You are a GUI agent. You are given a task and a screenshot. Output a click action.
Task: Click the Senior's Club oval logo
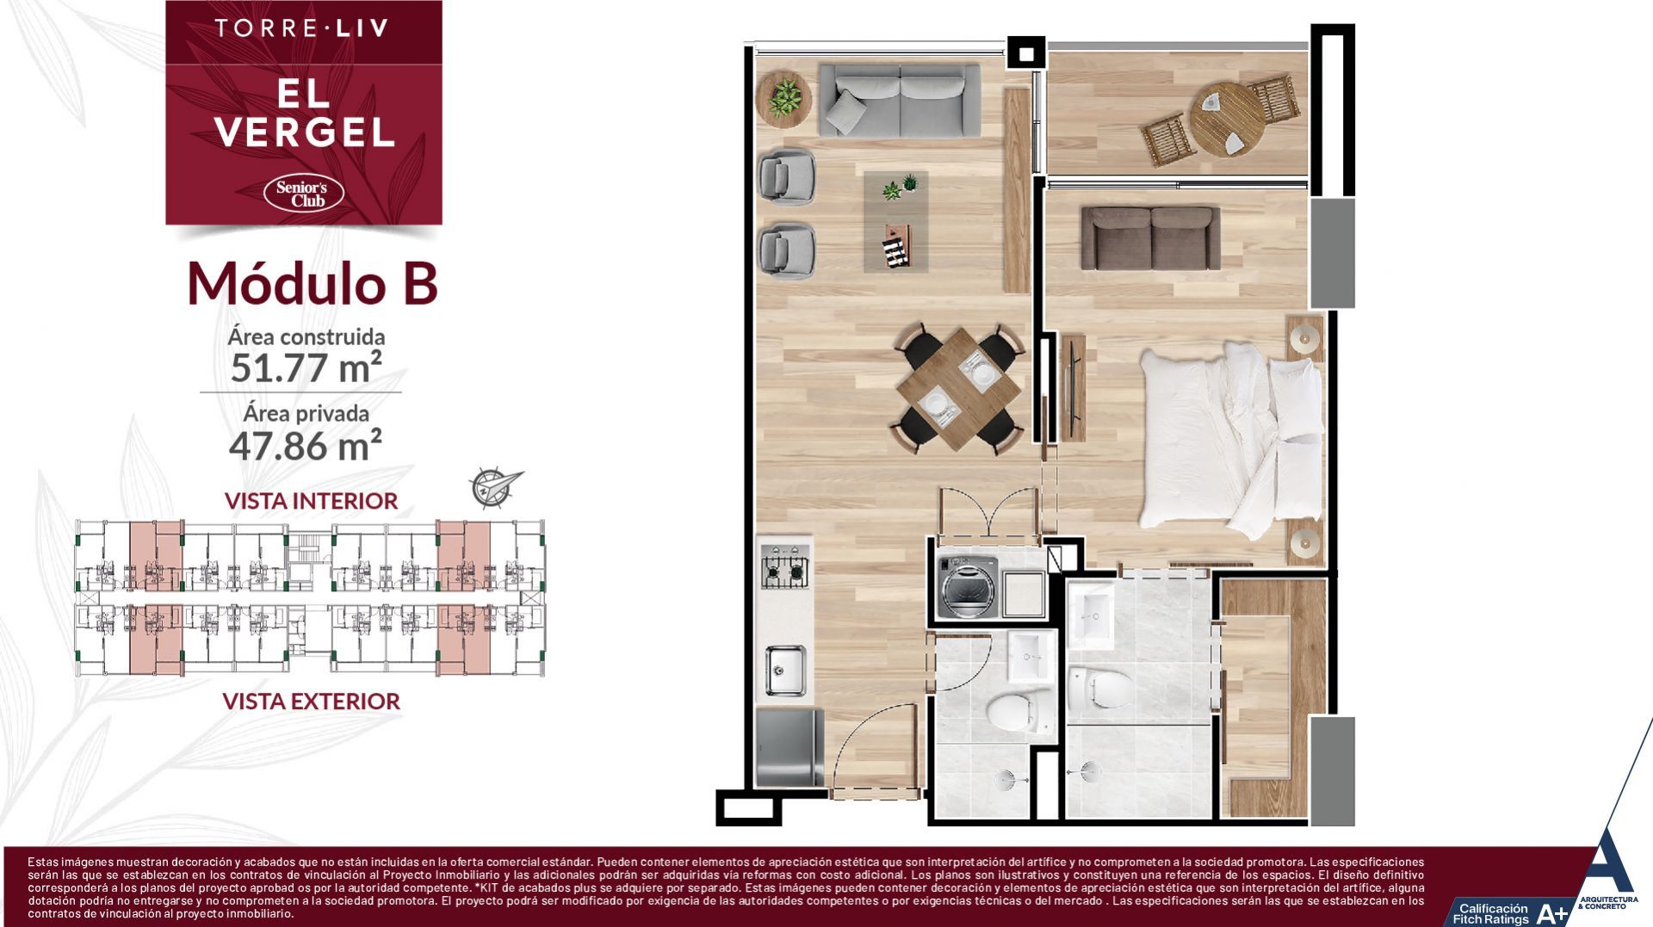coord(308,193)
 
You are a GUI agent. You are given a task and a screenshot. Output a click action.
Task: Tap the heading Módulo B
coord(313,283)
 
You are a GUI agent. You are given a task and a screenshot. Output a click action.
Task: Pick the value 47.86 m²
coord(305,445)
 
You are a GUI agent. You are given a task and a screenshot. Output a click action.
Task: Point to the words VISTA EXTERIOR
coord(311,701)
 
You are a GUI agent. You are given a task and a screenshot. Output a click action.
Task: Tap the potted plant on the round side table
coord(783,96)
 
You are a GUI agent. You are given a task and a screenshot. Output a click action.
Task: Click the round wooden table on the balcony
coord(1226,119)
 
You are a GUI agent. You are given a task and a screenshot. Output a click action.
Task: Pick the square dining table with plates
coord(957,388)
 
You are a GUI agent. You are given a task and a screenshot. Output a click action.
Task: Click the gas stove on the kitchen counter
coord(784,568)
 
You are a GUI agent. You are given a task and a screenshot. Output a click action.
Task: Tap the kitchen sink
coord(785,670)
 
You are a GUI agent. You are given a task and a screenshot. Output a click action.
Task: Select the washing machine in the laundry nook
coord(969,587)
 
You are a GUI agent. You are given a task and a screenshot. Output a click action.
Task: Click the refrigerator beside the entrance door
coord(789,746)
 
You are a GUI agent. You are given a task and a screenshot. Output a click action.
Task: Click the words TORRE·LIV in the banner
coord(301,28)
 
